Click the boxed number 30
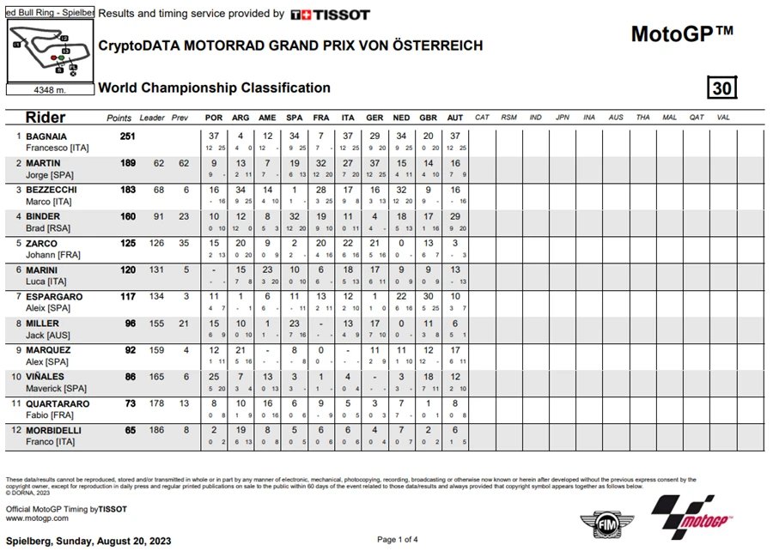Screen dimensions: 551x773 click(722, 88)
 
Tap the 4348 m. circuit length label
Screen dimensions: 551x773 click(48, 88)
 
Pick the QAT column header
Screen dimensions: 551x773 click(696, 118)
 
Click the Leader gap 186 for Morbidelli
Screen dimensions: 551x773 click(158, 431)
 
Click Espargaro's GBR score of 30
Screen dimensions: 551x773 click(429, 296)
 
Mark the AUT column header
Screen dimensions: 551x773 click(455, 118)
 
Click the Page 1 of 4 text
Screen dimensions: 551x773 click(398, 539)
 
